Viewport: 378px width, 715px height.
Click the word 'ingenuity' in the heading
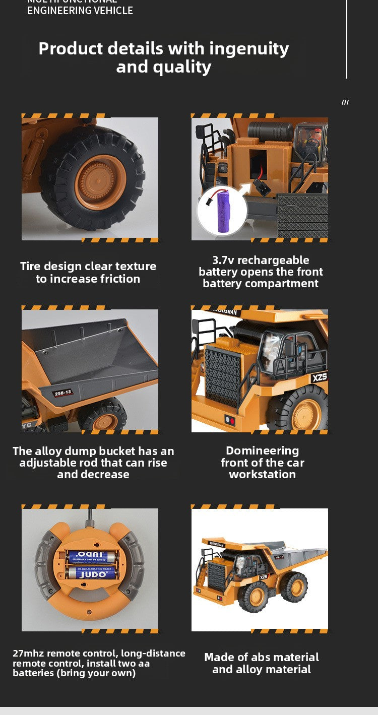(x=249, y=48)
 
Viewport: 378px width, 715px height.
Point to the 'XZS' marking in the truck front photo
(x=319, y=377)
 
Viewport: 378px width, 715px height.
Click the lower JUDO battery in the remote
(x=92, y=573)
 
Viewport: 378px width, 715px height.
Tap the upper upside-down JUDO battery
(x=92, y=556)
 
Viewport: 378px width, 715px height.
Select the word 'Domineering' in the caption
(x=262, y=450)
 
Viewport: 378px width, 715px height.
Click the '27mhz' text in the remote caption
(x=28, y=653)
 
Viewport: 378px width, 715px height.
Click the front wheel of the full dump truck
(x=254, y=597)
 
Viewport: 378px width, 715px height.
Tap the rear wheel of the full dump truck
(x=294, y=587)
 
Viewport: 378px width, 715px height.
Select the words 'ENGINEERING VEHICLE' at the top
(x=80, y=11)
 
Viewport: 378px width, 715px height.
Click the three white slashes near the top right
(x=345, y=102)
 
